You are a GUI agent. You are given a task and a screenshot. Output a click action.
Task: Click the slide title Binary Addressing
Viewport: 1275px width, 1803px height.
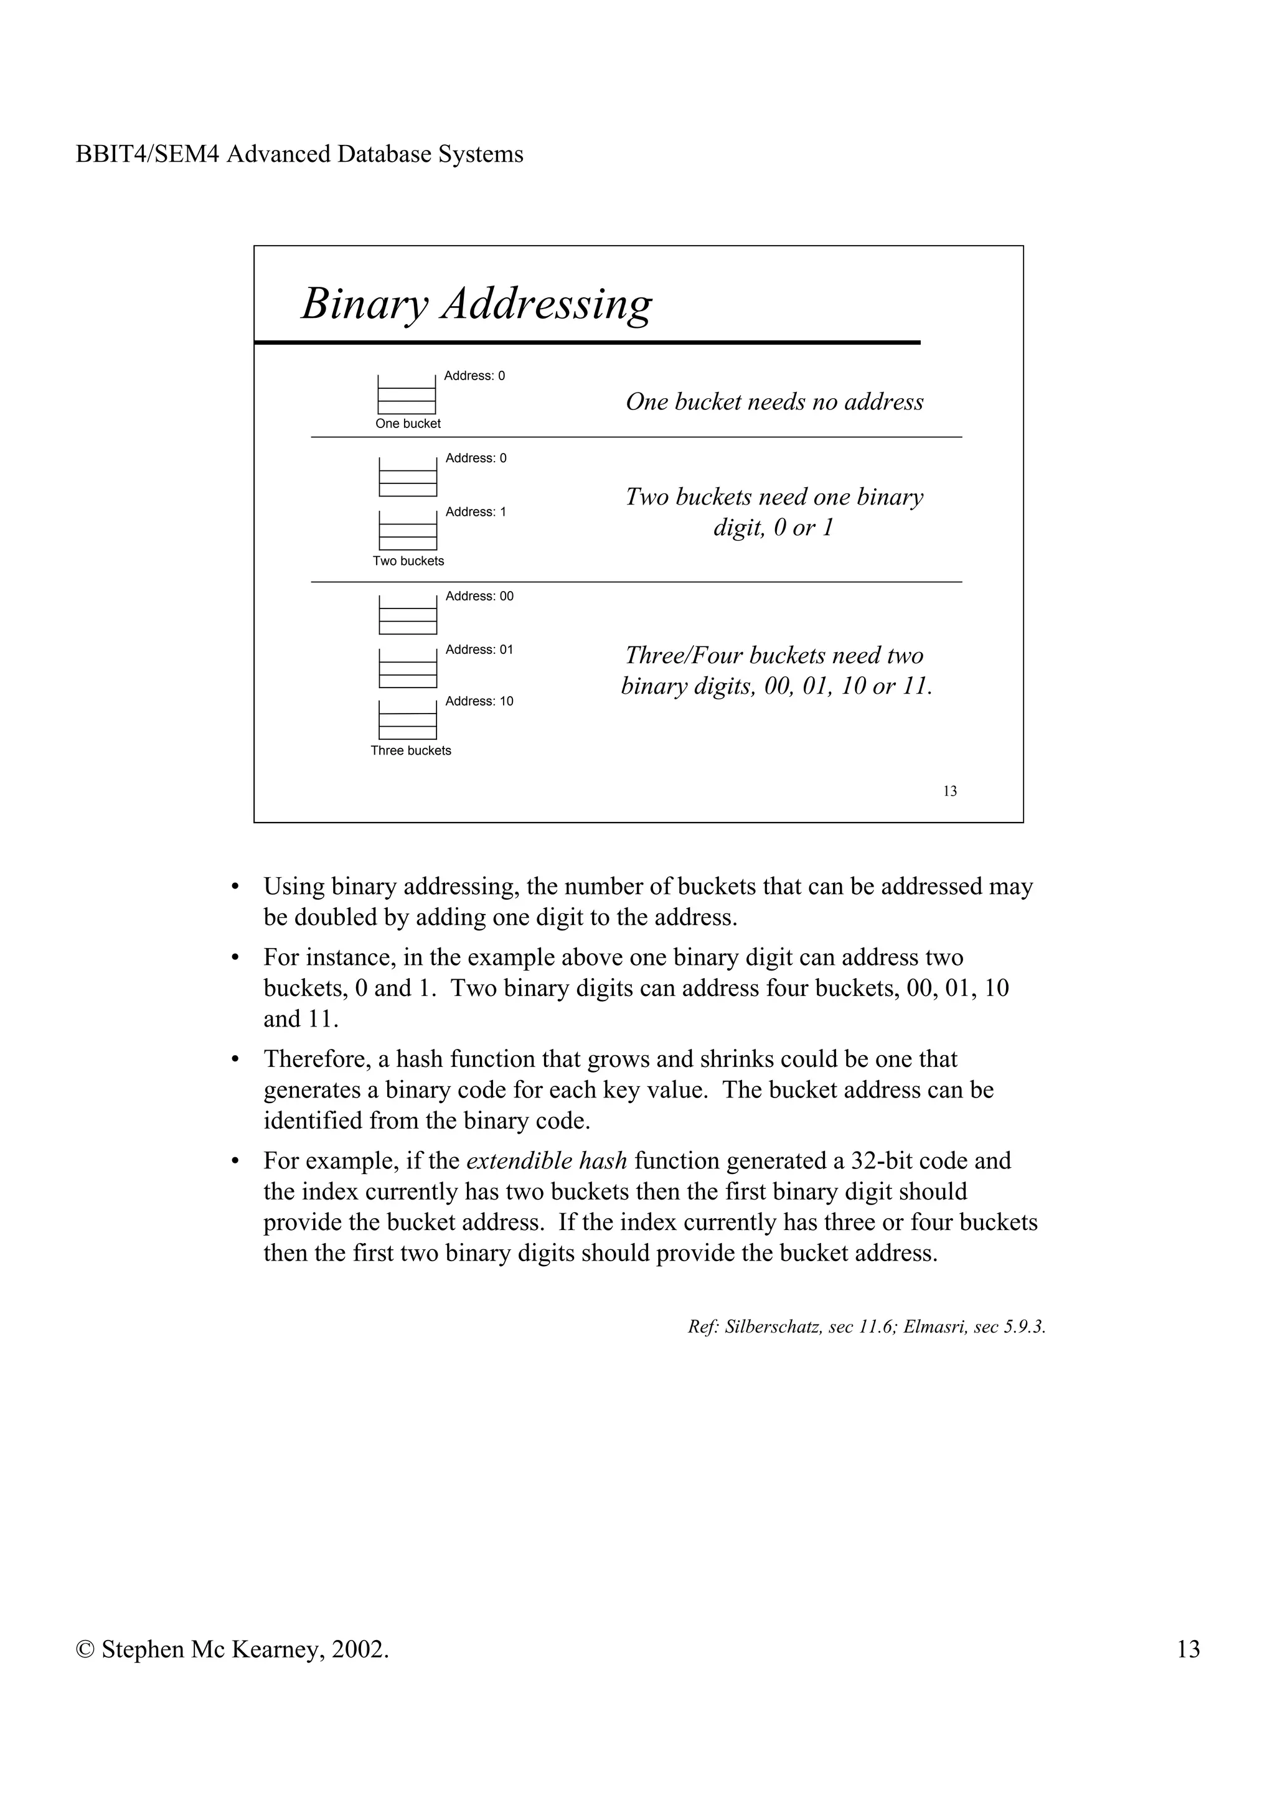pyautogui.click(x=476, y=304)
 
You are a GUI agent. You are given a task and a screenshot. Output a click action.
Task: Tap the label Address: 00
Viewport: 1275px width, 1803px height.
pyautogui.click(x=479, y=596)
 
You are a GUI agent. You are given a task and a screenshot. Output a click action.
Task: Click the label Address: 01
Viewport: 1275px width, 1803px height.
pyautogui.click(x=479, y=650)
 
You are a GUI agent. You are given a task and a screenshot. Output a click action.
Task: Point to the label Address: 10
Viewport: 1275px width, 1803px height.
pyautogui.click(x=479, y=701)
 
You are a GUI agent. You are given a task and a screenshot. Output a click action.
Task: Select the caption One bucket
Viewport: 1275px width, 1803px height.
pyautogui.click(x=408, y=424)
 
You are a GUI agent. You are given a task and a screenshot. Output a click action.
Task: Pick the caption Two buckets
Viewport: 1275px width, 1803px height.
pyautogui.click(x=408, y=561)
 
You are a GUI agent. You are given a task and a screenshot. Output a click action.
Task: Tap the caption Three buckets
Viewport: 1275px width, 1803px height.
pyautogui.click(x=411, y=751)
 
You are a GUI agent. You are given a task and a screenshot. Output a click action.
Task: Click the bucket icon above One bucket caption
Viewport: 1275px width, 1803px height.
pyautogui.click(x=407, y=395)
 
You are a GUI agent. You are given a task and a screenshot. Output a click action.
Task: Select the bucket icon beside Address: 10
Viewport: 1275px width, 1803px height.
pyautogui.click(x=408, y=720)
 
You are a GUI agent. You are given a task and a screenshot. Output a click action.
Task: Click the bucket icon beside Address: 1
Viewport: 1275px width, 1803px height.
pyautogui.click(x=408, y=531)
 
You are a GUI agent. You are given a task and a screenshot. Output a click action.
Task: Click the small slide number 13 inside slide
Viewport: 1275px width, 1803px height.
pyautogui.click(x=950, y=791)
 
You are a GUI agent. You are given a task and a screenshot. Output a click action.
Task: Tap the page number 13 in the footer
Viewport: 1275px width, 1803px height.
pyautogui.click(x=1188, y=1649)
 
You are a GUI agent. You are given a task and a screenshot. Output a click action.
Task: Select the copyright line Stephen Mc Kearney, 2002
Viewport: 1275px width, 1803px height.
pyautogui.click(x=233, y=1649)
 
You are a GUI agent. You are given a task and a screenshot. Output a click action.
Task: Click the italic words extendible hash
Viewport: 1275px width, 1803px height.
pyautogui.click(x=546, y=1161)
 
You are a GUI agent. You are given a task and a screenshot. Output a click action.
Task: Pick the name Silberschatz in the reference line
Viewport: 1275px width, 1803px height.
pyautogui.click(x=773, y=1327)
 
